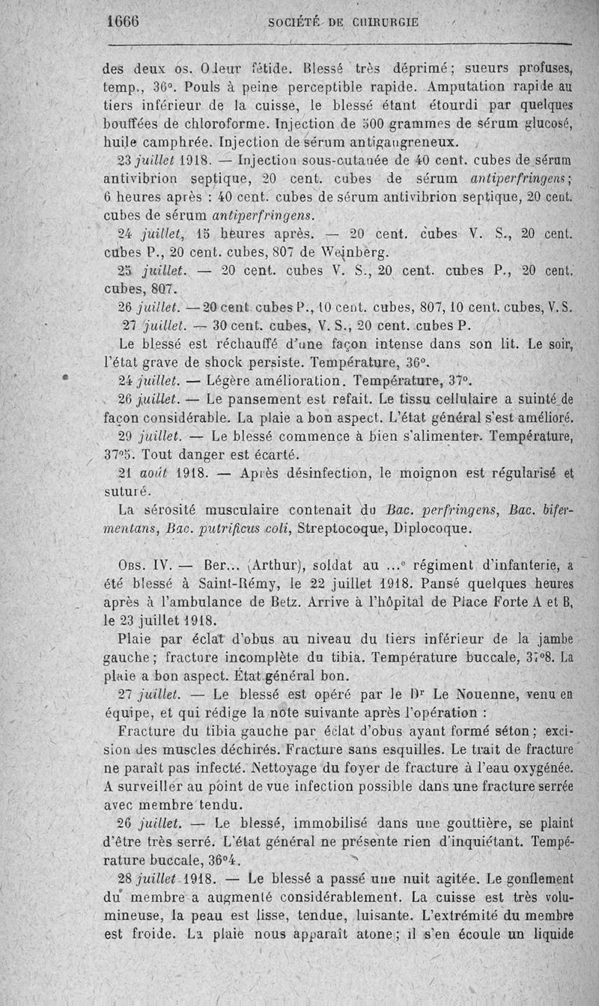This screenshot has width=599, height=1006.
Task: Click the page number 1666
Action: [124, 22]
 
